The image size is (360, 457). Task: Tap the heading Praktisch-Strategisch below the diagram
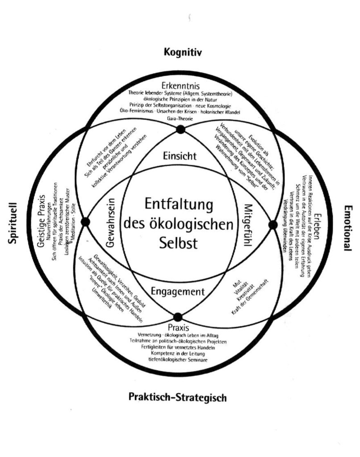pyautogui.click(x=177, y=396)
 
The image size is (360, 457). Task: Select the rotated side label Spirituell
pyautogui.click(x=13, y=221)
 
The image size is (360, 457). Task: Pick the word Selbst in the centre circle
pyautogui.click(x=179, y=243)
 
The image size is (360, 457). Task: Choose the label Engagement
pyautogui.click(x=178, y=292)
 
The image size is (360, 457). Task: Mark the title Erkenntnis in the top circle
pyautogui.click(x=180, y=85)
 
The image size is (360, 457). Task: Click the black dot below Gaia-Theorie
pyautogui.click(x=180, y=130)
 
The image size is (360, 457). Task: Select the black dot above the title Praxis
pyautogui.click(x=178, y=316)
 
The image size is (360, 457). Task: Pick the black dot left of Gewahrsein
pyautogui.click(x=85, y=222)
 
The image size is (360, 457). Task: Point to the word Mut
pyautogui.click(x=237, y=284)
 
